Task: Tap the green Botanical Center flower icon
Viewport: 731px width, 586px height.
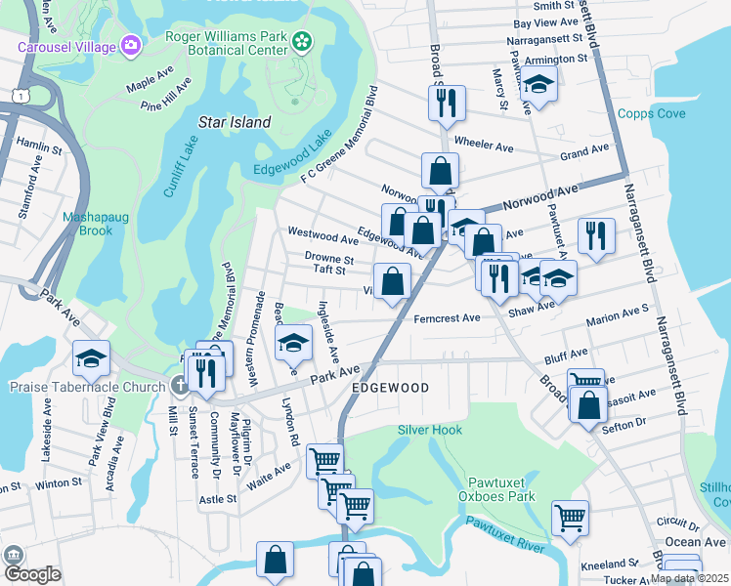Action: pos(302,41)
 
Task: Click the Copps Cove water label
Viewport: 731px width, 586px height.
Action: pos(651,114)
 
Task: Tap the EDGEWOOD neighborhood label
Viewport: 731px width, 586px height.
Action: pos(390,388)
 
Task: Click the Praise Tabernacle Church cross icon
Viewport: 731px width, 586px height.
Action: pos(179,385)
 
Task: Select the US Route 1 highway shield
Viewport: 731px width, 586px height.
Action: pos(19,93)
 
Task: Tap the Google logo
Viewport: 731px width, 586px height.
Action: pos(32,574)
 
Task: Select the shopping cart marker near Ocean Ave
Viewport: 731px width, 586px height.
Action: pos(570,517)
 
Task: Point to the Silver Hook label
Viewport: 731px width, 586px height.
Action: pos(430,430)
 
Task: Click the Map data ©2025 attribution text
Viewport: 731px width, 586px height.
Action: pos(689,578)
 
